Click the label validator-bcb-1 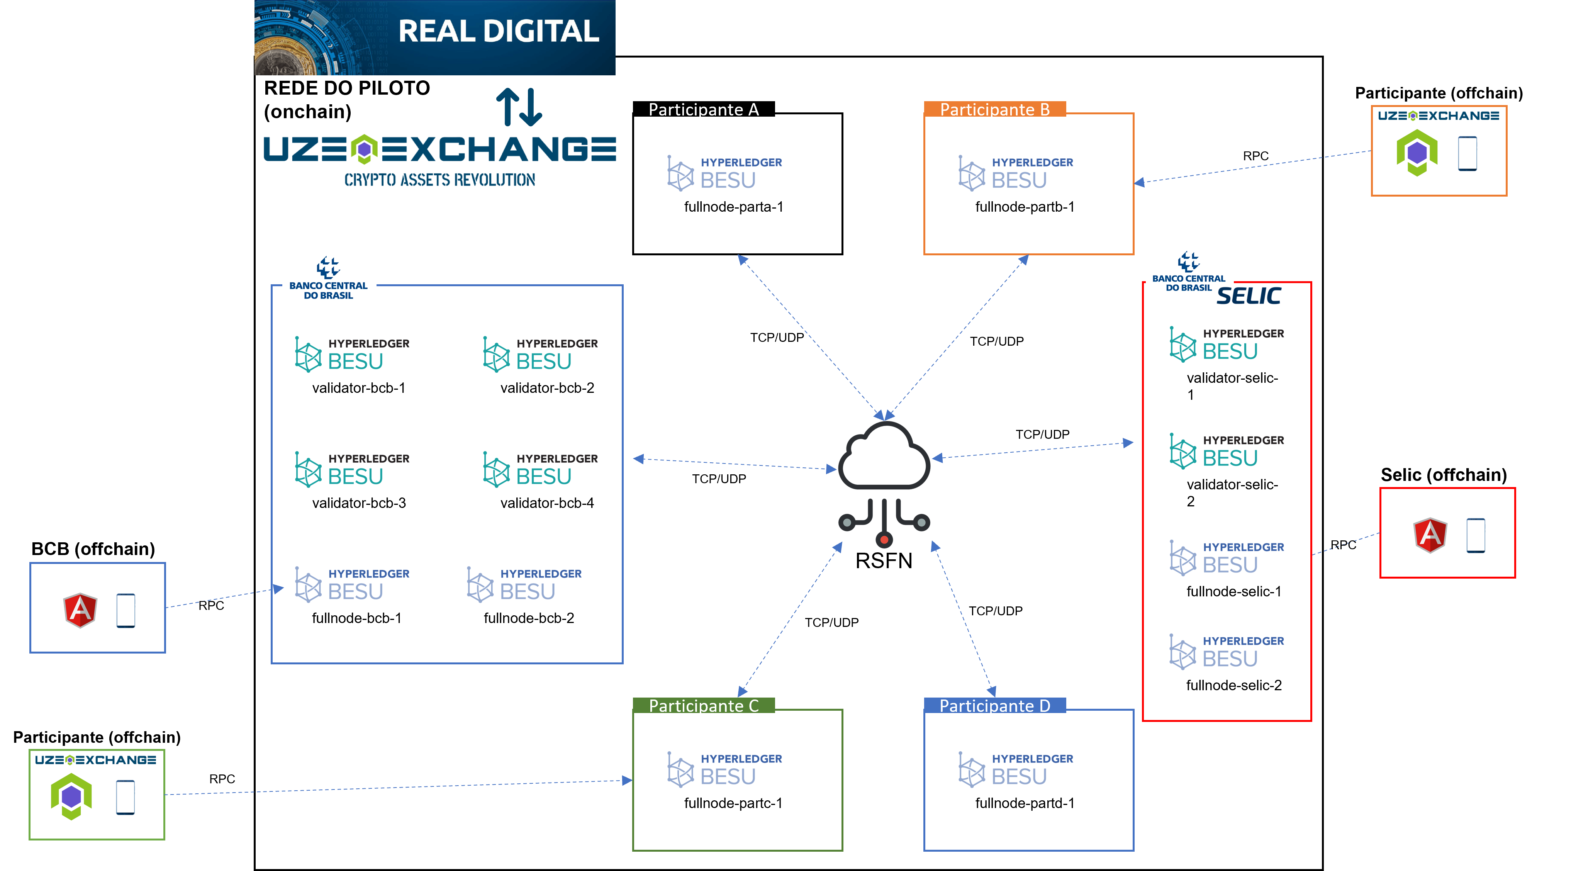359,388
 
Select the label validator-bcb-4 547,503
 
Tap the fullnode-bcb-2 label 529,618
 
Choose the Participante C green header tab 704,706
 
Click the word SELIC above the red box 1249,296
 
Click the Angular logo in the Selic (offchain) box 1430,535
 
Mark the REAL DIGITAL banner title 498,32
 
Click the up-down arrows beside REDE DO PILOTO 519,107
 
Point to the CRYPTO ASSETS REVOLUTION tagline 440,180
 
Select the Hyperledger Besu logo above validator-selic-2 1227,452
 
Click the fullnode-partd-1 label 1025,803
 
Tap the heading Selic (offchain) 1444,475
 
